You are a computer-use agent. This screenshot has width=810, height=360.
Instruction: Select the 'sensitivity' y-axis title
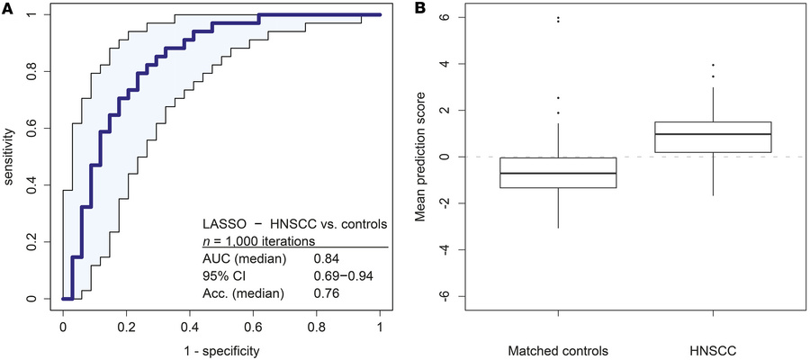pos(10,157)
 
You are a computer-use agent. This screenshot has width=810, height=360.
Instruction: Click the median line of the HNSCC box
pos(713,134)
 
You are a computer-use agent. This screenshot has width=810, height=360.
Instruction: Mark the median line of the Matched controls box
pos(558,173)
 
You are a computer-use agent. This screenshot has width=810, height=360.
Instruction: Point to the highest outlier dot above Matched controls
pos(558,17)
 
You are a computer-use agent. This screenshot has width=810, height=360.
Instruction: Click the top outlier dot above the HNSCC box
pos(713,65)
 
